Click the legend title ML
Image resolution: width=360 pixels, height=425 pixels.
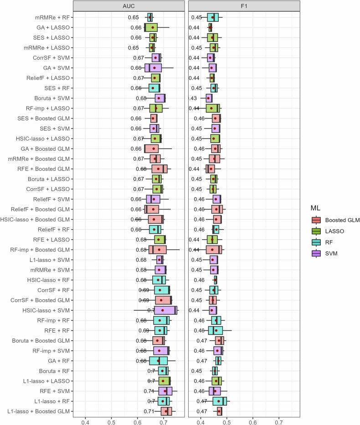pyautogui.click(x=315, y=208)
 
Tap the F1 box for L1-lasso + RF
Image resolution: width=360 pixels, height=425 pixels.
pyautogui.click(x=220, y=401)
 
